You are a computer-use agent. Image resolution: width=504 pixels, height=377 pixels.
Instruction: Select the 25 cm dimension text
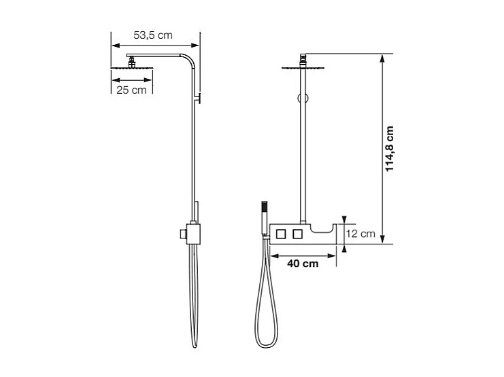click(131, 90)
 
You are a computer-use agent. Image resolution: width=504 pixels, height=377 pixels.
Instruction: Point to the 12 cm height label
click(360, 234)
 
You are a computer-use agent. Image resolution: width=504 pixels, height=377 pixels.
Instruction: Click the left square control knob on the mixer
click(280, 234)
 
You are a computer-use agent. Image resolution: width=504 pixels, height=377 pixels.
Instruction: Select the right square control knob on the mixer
click(297, 234)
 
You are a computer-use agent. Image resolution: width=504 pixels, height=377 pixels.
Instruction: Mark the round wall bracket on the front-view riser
click(300, 98)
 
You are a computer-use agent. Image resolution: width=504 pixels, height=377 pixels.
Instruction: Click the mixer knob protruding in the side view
click(182, 233)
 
